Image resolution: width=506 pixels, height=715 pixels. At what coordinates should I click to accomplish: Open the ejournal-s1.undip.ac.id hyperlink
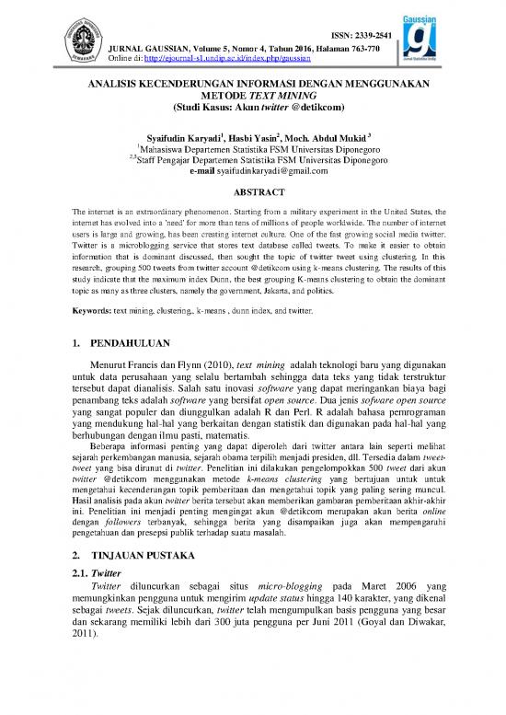230,58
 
